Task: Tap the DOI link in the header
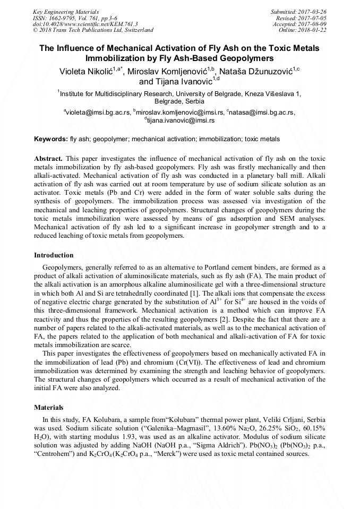pyautogui.click(x=85, y=24)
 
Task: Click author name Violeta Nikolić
pyautogui.click(x=91, y=72)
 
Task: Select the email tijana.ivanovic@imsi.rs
pyautogui.click(x=180, y=120)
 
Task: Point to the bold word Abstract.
pyautogui.click(x=48, y=159)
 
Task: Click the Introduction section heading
pyautogui.click(x=54, y=255)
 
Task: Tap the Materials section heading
pyautogui.click(x=49, y=408)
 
